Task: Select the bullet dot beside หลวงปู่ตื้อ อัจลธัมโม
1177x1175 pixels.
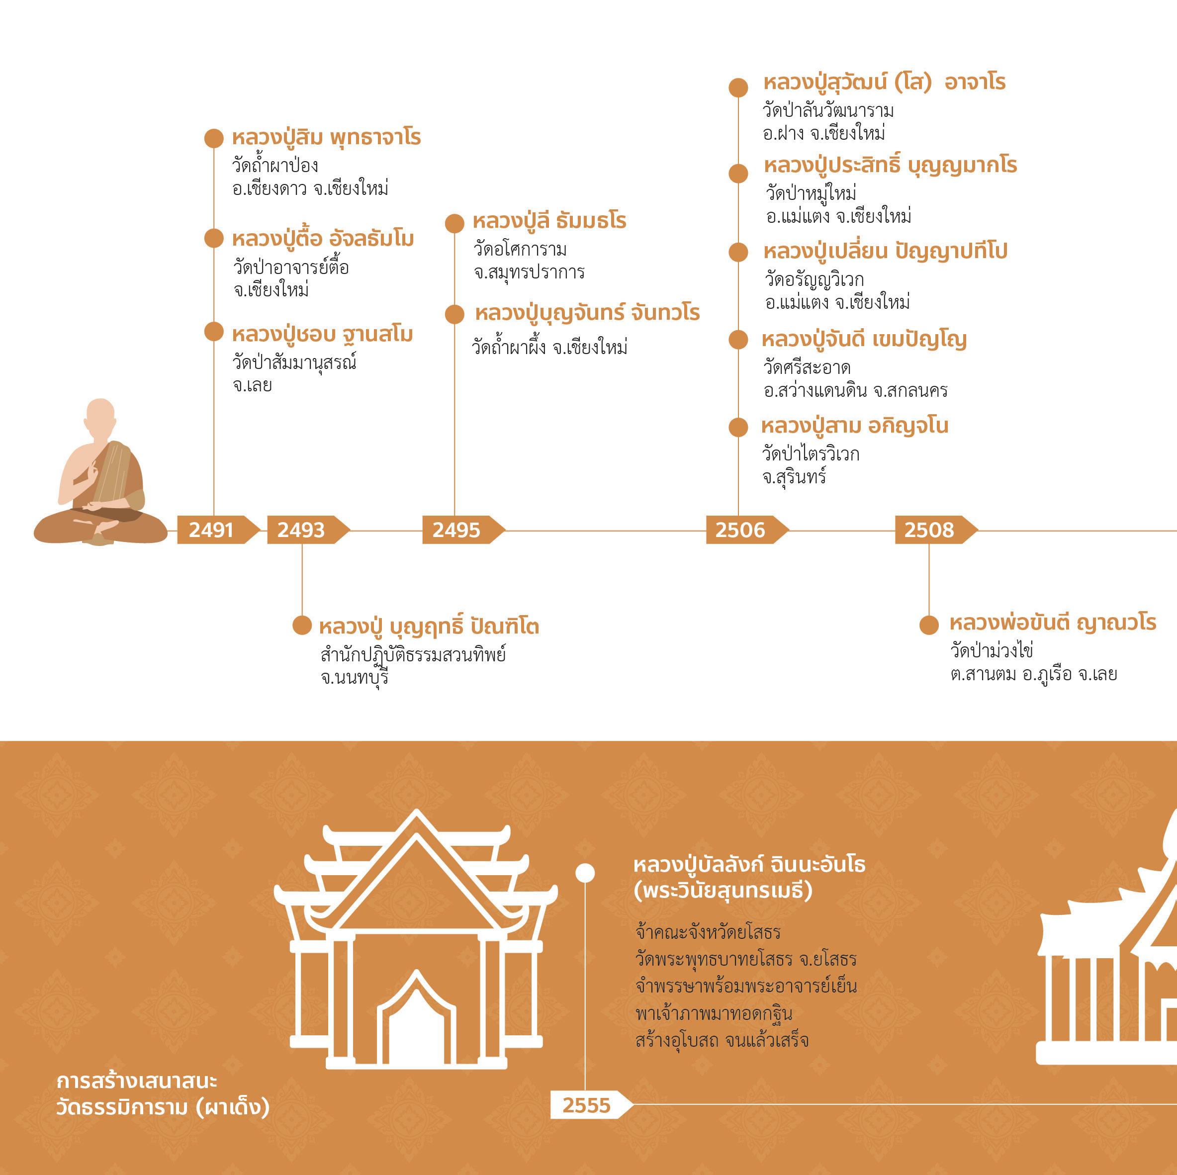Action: point(214,238)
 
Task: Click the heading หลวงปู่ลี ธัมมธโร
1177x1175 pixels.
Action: point(549,220)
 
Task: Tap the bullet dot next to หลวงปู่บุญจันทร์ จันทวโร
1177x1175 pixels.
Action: point(454,314)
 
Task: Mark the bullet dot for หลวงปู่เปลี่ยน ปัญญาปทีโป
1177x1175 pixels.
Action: point(738,252)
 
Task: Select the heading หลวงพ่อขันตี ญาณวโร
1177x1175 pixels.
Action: point(1053,623)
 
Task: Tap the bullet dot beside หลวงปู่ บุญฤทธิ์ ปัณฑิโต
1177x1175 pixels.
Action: point(302,625)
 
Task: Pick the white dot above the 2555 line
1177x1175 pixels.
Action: point(585,873)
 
